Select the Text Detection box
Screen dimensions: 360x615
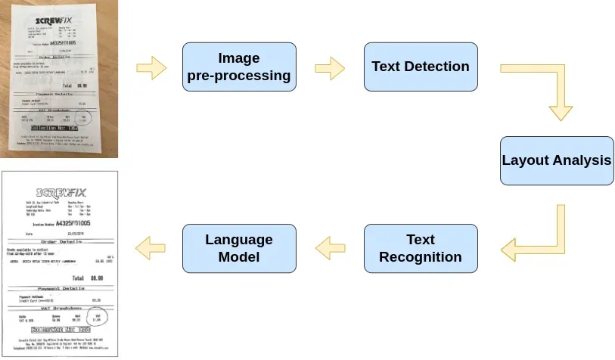coord(420,67)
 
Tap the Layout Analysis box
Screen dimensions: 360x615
coord(556,161)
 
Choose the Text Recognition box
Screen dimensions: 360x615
coord(420,248)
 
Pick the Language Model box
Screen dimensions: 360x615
coord(238,248)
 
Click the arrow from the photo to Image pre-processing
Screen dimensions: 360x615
coord(151,67)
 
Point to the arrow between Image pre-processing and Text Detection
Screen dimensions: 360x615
coord(330,67)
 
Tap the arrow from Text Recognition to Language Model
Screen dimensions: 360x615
coord(330,244)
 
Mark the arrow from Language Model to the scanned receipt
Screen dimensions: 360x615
coord(151,244)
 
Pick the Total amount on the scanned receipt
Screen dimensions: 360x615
coord(96,278)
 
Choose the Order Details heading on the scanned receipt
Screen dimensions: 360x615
coord(60,241)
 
